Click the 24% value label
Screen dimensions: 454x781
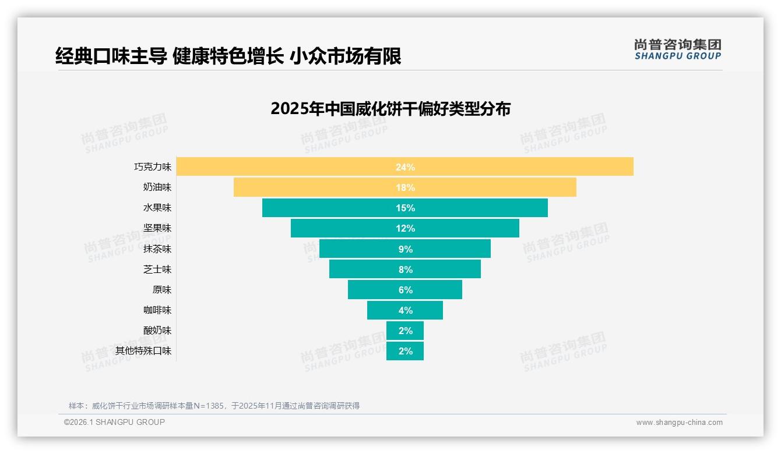pyautogui.click(x=405, y=167)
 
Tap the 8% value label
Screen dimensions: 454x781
pyautogui.click(x=405, y=269)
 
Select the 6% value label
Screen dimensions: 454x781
pyautogui.click(x=405, y=290)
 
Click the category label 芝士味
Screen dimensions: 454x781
pyautogui.click(x=157, y=269)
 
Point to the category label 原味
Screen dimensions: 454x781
pyautogui.click(x=162, y=290)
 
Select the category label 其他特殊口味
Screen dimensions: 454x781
pyautogui.click(x=143, y=351)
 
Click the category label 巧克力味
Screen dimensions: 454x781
pyautogui.click(x=153, y=167)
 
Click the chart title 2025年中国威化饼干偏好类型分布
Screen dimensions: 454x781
pyautogui.click(x=391, y=109)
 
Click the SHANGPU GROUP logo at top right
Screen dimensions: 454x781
pyautogui.click(x=677, y=49)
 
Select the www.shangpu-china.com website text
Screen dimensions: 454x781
pyautogui.click(x=679, y=423)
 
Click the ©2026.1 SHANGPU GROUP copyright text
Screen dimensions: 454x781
pyautogui.click(x=114, y=422)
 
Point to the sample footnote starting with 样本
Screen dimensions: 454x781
pyautogui.click(x=214, y=406)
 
